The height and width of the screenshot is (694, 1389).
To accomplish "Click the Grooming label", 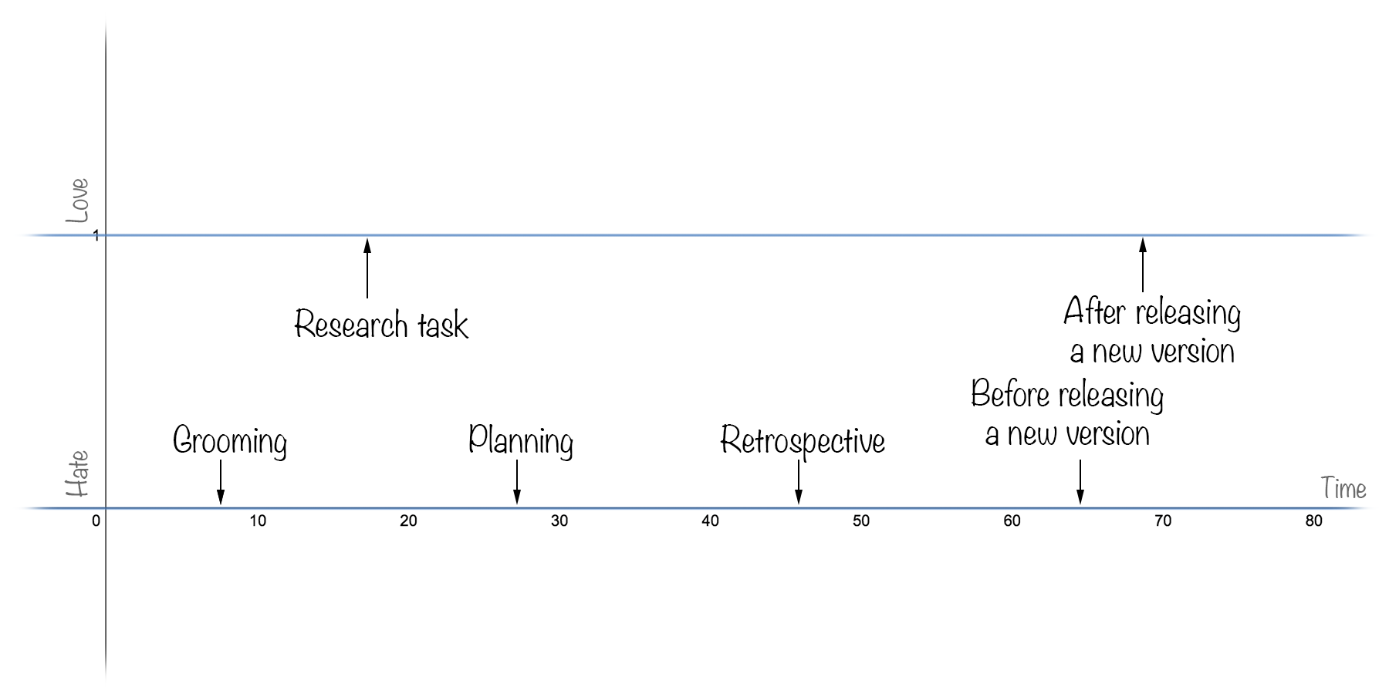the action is [x=230, y=442].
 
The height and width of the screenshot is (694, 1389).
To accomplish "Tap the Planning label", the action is [x=521, y=440].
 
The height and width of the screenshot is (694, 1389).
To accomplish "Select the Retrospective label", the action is [x=803, y=441].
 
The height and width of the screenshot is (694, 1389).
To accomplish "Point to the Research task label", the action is [x=381, y=325].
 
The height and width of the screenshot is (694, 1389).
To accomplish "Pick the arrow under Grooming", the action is [x=221, y=482].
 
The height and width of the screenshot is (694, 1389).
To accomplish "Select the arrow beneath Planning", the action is [x=517, y=482].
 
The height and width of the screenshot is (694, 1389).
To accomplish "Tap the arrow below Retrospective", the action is [x=799, y=482].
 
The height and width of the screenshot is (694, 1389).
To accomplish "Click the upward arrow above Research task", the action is [x=367, y=268].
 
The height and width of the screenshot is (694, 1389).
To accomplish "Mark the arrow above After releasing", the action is [x=1143, y=265].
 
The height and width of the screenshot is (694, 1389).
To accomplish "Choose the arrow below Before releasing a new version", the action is [x=1080, y=482].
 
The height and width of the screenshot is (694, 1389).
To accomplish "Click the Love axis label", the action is [x=77, y=200].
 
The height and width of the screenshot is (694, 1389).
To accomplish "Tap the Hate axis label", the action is [x=77, y=473].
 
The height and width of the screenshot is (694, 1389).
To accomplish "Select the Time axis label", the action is [x=1343, y=488].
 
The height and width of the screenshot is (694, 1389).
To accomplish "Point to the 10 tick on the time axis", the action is [x=258, y=521].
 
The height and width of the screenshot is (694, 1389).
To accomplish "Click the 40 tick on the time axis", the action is [x=710, y=521].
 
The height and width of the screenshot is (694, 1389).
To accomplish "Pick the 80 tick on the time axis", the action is [x=1313, y=521].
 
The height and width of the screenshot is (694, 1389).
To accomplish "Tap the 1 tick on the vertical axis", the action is [x=96, y=235].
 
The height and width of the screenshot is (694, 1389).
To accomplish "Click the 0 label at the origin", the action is [x=96, y=521].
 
